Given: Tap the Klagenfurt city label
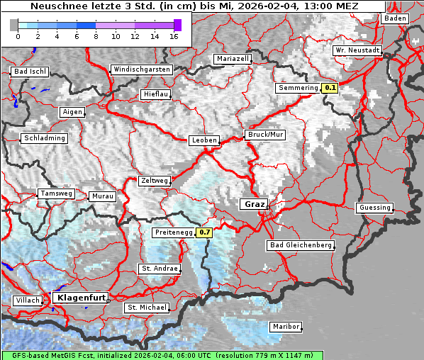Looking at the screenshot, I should pyautogui.click(x=80, y=298).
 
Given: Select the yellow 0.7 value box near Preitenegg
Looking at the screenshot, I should pyautogui.click(x=204, y=232).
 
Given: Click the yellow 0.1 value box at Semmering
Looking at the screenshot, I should pyautogui.click(x=329, y=89).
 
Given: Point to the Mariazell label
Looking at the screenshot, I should pyautogui.click(x=233, y=59).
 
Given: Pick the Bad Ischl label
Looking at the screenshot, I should pyautogui.click(x=30, y=72).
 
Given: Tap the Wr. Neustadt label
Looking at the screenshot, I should pyautogui.click(x=357, y=51).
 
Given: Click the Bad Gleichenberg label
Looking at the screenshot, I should pyautogui.click(x=300, y=245).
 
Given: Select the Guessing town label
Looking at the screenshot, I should pyautogui.click(x=374, y=208).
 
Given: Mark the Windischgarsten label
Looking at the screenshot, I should pyautogui.click(x=141, y=69).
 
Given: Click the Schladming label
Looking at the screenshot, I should pyautogui.click(x=45, y=138).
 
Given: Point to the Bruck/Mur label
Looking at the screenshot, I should pyautogui.click(x=264, y=135).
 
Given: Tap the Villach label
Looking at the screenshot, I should pyautogui.click(x=27, y=300).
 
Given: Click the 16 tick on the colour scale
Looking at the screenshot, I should pyautogui.click(x=174, y=36).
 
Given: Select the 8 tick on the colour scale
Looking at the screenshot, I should pyautogui.click(x=96, y=36).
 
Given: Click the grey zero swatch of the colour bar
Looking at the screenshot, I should pyautogui.click(x=14, y=25).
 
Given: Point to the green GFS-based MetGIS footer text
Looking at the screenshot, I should pyautogui.click(x=106, y=355).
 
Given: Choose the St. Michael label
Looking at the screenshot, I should pyautogui.click(x=147, y=308).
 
